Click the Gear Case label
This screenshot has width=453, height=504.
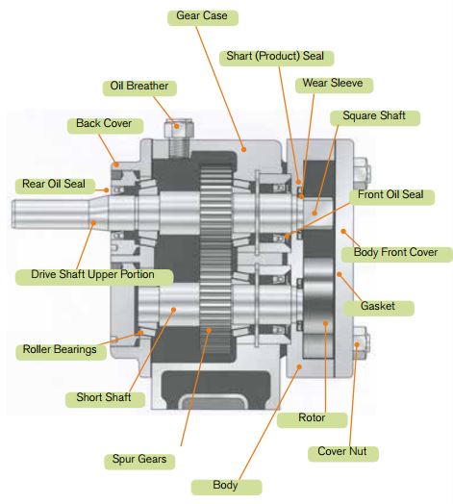coord(203,17)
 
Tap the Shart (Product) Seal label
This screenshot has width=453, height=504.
coord(276,58)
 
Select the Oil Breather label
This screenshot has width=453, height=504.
coord(139,88)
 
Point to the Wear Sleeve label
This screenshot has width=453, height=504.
coord(334,85)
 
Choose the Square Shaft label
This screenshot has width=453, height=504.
coord(375,117)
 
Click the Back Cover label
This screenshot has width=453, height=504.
coord(105,125)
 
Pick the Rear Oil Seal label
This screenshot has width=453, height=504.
coord(55,186)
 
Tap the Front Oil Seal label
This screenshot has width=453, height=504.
coord(391,197)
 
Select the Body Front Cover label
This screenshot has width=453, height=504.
coord(397,254)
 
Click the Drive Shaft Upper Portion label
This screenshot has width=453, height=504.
coord(94,277)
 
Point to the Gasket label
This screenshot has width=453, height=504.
coord(378,308)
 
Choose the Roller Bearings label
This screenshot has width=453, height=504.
coord(62,352)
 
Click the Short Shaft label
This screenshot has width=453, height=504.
coord(105,399)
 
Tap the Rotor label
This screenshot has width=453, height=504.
coord(313,419)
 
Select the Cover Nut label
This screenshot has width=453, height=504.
coord(343,454)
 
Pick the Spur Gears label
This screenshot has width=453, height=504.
coord(139,462)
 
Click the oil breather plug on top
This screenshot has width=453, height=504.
coord(179,139)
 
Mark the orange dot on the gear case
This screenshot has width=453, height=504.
coord(244,149)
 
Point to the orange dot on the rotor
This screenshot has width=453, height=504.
coord(326,323)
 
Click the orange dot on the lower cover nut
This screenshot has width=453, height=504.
coord(357,344)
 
